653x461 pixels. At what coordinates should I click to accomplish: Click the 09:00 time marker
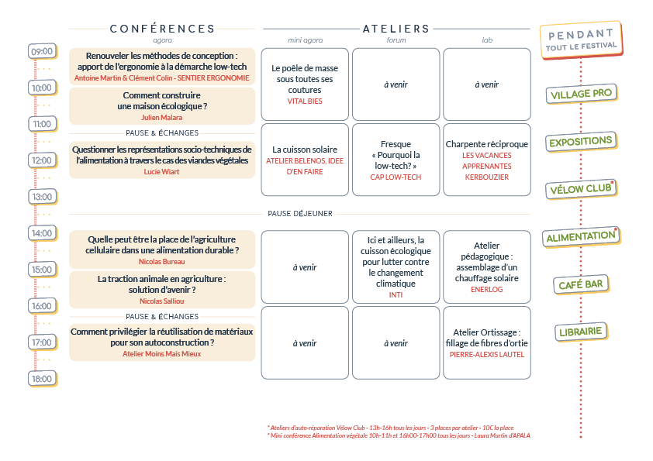[x=42, y=52]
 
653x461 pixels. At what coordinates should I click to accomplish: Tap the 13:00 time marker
[x=42, y=197]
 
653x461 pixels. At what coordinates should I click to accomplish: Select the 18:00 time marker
[x=42, y=379]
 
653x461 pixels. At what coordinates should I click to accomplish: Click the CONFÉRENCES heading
[x=162, y=29]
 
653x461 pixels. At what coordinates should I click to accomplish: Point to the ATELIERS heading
[x=396, y=29]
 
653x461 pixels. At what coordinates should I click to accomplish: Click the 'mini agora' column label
[x=306, y=40]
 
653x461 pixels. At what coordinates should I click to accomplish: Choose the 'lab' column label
[x=487, y=40]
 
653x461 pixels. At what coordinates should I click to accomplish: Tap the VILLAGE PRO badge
[x=582, y=94]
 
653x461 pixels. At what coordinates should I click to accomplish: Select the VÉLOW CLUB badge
[x=581, y=189]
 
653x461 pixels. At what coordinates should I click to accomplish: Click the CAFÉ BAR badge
[x=581, y=284]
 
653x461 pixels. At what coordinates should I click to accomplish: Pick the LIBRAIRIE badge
[x=581, y=332]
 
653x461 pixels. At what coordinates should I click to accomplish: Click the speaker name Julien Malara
[x=161, y=118]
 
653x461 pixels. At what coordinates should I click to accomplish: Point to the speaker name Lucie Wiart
[x=161, y=172]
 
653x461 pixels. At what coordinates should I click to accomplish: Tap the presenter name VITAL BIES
[x=305, y=101]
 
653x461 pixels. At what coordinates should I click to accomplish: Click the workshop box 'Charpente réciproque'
[x=487, y=160]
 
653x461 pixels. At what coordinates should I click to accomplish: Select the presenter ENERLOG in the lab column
[x=487, y=290]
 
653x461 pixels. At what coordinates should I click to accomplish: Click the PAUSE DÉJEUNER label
[x=300, y=214]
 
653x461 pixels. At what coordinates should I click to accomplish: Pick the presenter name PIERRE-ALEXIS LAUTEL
[x=487, y=355]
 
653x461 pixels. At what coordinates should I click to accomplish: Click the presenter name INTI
[x=396, y=295]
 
